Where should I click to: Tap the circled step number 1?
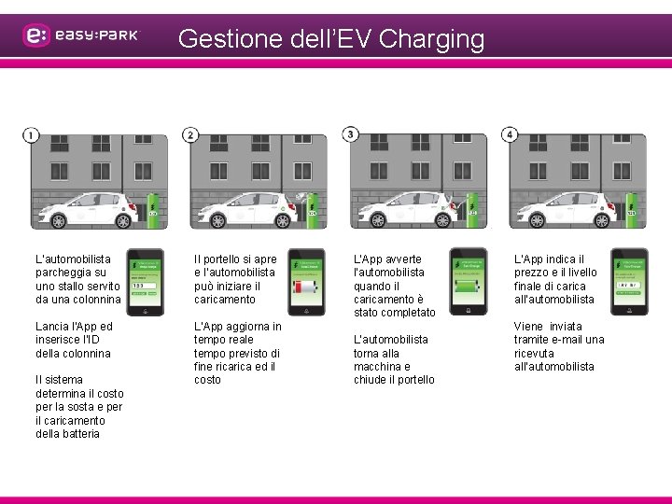pos(31,135)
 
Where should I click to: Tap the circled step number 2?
pos(190,135)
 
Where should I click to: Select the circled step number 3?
pos(351,135)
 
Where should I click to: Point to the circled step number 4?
pos(510,135)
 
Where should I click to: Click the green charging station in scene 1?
pos(153,210)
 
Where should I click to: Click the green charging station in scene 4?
pos(632,210)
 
